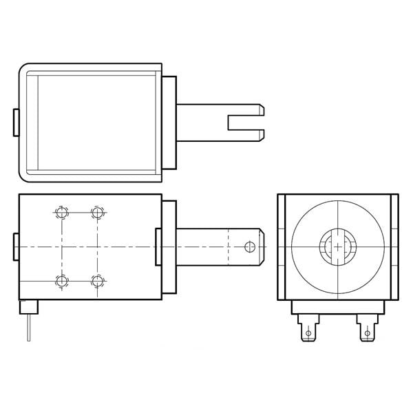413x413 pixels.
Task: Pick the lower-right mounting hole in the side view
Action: point(97,280)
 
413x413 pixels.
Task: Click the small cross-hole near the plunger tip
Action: point(251,246)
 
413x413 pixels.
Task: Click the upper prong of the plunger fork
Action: point(246,109)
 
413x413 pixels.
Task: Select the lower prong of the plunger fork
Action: point(246,134)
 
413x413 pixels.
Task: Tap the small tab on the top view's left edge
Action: point(16,121)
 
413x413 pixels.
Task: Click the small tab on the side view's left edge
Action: point(16,246)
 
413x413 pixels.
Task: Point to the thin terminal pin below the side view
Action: point(28,327)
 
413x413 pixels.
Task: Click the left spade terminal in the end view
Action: point(308,328)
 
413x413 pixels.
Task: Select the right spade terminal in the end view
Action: point(366,328)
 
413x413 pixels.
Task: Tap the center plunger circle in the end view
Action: point(337,246)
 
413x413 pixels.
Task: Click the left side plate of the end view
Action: point(282,246)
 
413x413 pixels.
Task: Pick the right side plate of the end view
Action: point(394,246)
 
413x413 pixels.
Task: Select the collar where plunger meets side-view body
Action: point(159,246)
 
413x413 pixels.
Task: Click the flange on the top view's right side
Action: point(169,121)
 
